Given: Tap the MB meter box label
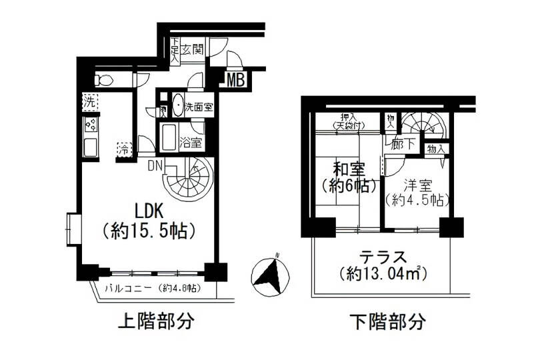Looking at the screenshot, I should click(235, 81).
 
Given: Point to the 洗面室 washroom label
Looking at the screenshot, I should click(199, 106).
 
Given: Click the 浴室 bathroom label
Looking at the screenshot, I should click(191, 141).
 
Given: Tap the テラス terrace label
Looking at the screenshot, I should click(383, 256).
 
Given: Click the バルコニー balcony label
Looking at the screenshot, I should click(129, 289).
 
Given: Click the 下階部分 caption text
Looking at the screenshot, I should click(387, 322).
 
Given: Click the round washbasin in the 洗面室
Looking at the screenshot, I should click(178, 105).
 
